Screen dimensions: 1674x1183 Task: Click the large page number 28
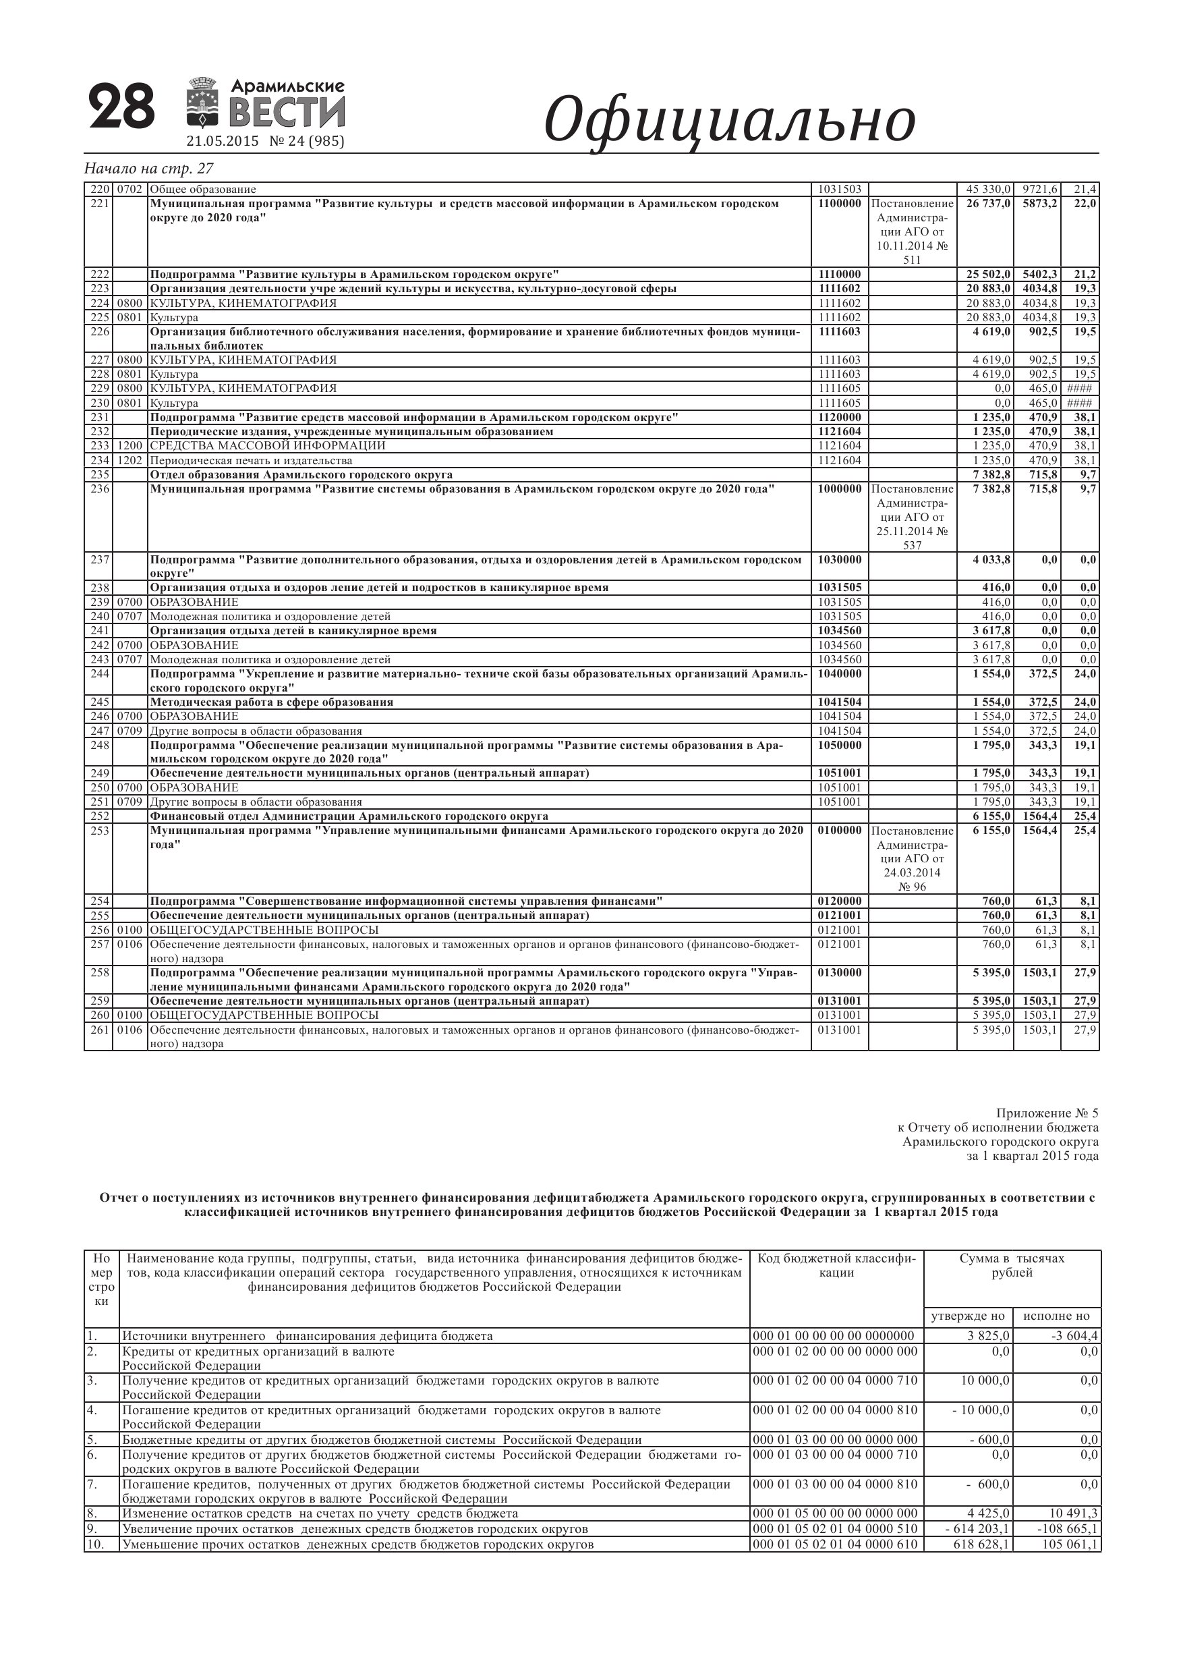point(121,107)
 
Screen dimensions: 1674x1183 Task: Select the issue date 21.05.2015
point(223,142)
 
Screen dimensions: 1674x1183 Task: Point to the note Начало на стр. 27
point(148,169)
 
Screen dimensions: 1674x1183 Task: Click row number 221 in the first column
point(98,203)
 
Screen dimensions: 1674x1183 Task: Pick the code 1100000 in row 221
point(839,203)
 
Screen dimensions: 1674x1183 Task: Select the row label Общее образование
point(202,190)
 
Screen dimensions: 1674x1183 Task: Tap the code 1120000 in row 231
point(839,417)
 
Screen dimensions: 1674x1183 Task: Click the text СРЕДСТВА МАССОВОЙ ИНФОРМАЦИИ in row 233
point(268,445)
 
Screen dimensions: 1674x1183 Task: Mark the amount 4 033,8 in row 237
point(991,560)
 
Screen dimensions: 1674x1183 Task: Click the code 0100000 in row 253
point(839,831)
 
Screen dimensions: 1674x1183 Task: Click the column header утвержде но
point(968,1316)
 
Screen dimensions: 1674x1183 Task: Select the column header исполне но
point(1056,1316)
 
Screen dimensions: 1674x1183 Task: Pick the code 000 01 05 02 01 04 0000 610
point(834,1544)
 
